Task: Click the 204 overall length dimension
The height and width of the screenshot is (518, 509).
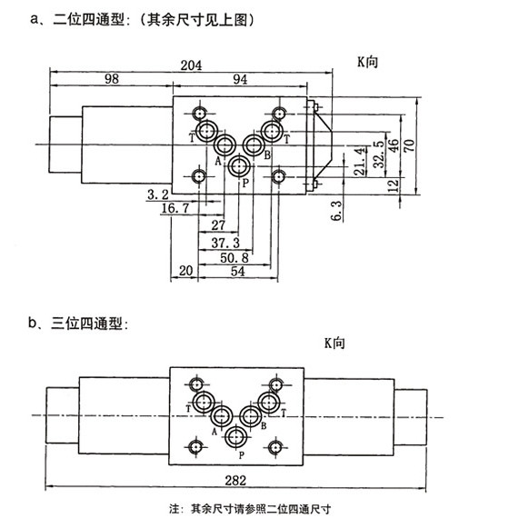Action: [191, 65]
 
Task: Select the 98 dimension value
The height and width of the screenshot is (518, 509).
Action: [112, 79]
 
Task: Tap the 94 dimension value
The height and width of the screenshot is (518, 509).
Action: [240, 80]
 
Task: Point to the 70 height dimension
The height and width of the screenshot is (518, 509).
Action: [409, 145]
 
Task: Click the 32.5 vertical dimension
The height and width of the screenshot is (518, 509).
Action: [379, 154]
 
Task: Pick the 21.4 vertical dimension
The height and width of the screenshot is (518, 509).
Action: [360, 162]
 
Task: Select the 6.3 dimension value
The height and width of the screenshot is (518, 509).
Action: [337, 211]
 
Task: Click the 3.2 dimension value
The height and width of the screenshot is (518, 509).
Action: [158, 194]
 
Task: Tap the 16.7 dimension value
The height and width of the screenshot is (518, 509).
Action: [175, 208]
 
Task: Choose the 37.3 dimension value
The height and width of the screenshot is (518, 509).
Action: [225, 244]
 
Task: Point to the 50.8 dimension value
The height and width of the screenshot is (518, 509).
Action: [235, 258]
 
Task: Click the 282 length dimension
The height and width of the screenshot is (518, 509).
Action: [235, 480]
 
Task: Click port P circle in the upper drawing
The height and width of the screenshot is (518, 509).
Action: [238, 166]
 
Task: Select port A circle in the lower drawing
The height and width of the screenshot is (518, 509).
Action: [222, 416]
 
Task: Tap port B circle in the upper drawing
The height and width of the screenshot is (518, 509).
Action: [254, 145]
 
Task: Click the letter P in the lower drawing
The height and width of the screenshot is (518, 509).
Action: [242, 455]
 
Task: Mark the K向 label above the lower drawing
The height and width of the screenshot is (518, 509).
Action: [334, 344]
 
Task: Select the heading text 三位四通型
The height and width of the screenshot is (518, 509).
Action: [86, 324]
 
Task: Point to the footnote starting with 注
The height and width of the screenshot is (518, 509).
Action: [250, 509]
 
